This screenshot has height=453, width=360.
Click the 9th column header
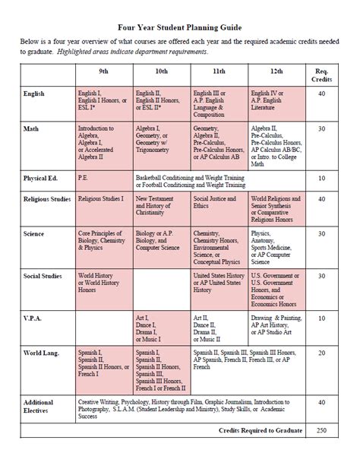pos(104,70)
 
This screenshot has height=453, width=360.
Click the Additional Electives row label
pos(39,407)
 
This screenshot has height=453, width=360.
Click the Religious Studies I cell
pos(101,198)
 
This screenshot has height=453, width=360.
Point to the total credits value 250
pos(321,429)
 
